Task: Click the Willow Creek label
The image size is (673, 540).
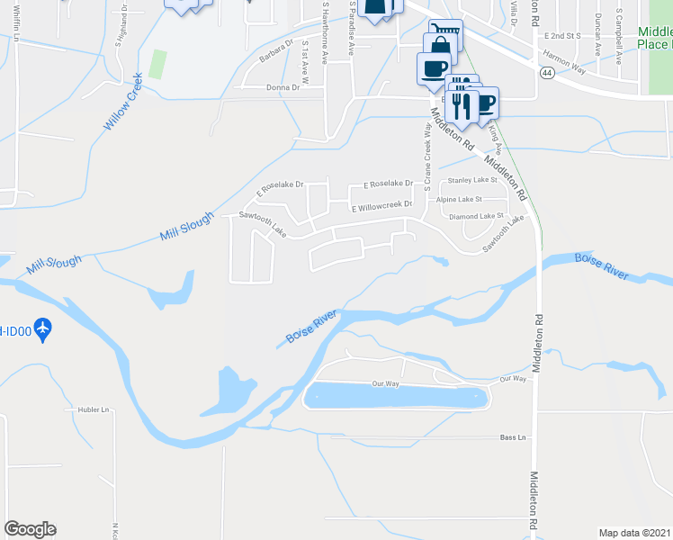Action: [x=123, y=102]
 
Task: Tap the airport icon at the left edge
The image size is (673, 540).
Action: [x=41, y=328]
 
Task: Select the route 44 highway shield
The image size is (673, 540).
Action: [x=547, y=73]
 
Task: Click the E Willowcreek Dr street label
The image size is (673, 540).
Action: [x=381, y=207]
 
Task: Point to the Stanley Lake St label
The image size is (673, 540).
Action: [x=472, y=181]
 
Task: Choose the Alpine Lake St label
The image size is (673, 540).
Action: [x=459, y=199]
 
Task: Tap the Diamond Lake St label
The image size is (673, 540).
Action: [x=476, y=216]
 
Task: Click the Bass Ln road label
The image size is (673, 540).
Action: [x=513, y=437]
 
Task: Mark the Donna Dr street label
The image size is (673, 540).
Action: [x=283, y=87]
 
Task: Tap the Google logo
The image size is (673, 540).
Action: [x=30, y=529]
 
